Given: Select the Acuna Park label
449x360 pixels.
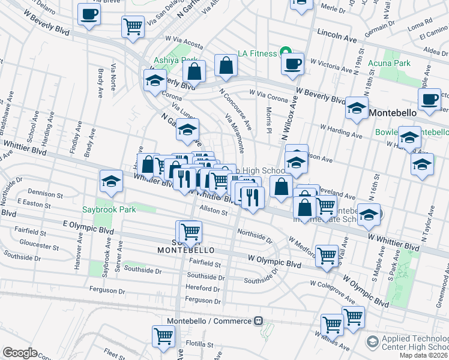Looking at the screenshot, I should click(x=394, y=63).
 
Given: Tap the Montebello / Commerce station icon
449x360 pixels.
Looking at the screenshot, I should click(x=259, y=320).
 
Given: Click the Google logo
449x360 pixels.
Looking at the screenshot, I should click(x=20, y=353).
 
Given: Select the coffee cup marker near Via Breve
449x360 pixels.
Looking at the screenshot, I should click(x=89, y=14).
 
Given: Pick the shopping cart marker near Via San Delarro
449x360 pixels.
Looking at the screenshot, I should click(x=133, y=26).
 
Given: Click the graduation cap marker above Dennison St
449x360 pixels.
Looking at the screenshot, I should click(x=111, y=181).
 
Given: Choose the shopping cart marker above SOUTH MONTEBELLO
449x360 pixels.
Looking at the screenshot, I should click(x=190, y=231).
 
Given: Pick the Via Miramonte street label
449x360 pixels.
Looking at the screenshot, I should click(x=235, y=131).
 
